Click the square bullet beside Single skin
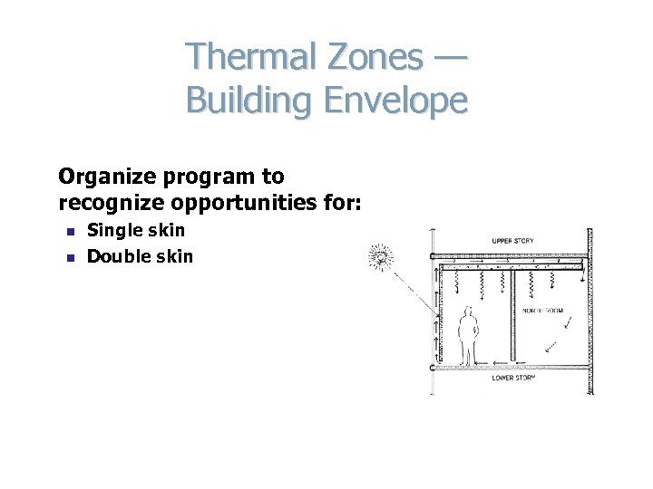pyautogui.click(x=68, y=232)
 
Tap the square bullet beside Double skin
pyautogui.click(x=68, y=257)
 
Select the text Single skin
pyautogui.click(x=135, y=231)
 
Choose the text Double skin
pyautogui.click(x=140, y=256)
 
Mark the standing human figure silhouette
pyautogui.click(x=469, y=334)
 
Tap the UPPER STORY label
pyautogui.click(x=512, y=242)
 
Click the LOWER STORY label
pyautogui.click(x=513, y=378)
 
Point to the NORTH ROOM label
pyautogui.click(x=543, y=311)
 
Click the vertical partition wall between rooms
pyautogui.click(x=512, y=317)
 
